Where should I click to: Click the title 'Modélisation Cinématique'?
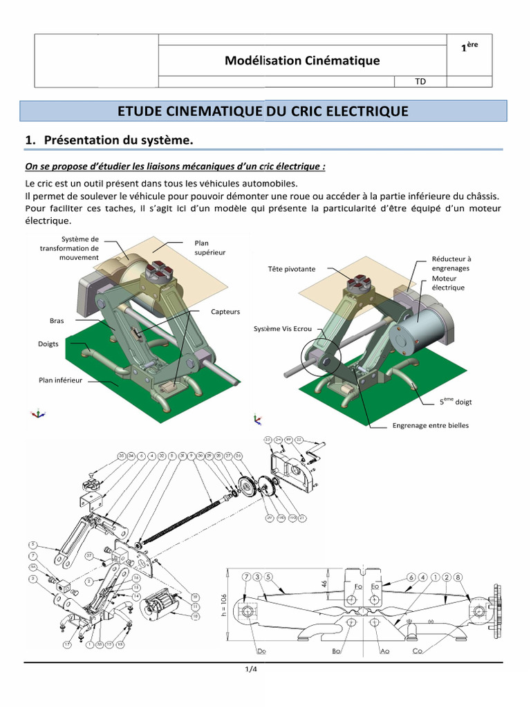point(302,61)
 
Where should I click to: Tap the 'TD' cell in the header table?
point(420,82)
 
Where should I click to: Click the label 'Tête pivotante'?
point(291,268)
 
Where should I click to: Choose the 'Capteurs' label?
point(225,312)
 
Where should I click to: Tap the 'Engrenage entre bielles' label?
point(430,425)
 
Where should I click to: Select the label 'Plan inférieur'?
point(60,380)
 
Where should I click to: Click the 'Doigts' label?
point(48,344)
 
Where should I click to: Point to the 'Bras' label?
point(57,321)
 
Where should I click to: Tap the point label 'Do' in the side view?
point(261,651)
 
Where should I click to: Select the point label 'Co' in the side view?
point(418,651)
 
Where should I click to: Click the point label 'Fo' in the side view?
point(357,586)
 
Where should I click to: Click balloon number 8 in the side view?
point(458,577)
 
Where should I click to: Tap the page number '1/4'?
point(250,669)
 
